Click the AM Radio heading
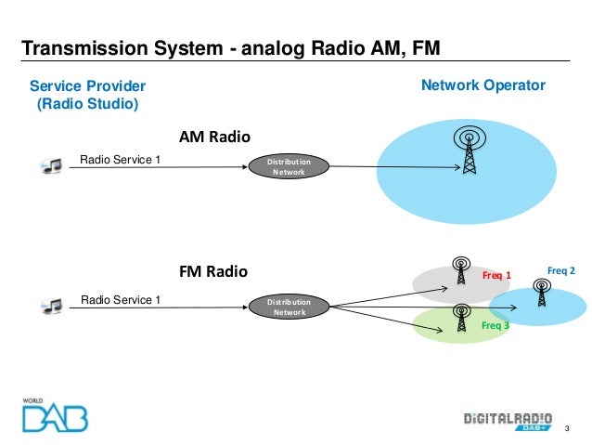[x=214, y=137]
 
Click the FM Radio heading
[x=213, y=271]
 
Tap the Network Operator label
[x=483, y=85]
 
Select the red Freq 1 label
[x=496, y=275]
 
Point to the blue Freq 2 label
[x=561, y=270]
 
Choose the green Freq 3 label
[x=495, y=325]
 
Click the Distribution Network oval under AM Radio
[x=289, y=166]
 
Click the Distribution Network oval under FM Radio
[x=290, y=307]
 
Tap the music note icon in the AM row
[x=51, y=165]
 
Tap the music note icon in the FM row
[x=51, y=306]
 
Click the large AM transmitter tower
[x=470, y=150]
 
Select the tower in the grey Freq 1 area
[x=461, y=270]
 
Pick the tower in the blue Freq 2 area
[x=542, y=293]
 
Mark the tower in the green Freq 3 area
[x=461, y=318]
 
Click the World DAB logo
[x=55, y=415]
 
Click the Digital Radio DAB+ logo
[x=508, y=422]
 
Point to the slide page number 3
[x=567, y=428]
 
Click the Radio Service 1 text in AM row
[x=120, y=160]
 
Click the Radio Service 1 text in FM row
[x=121, y=300]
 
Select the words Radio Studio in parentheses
[x=87, y=104]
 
